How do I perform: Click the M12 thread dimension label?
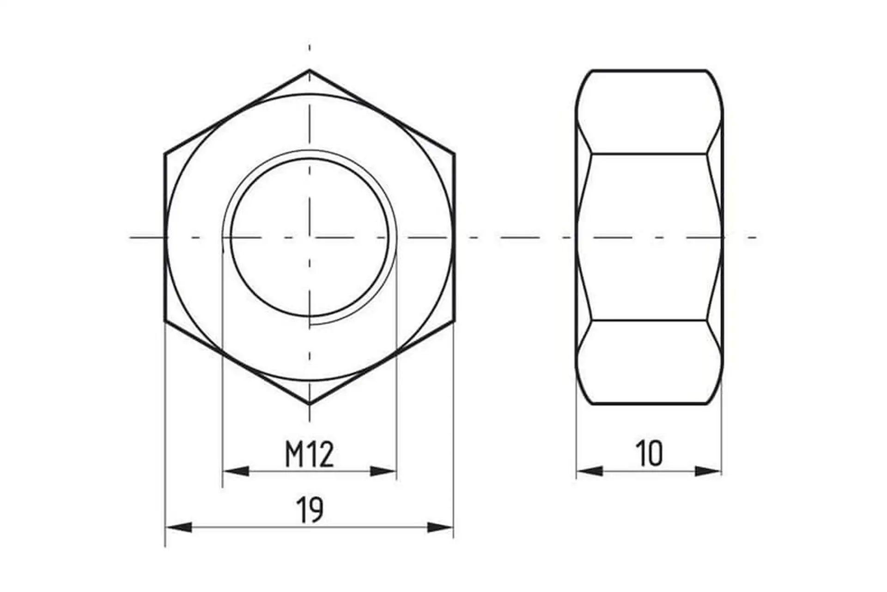[x=309, y=454]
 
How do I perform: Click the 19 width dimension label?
[x=310, y=510]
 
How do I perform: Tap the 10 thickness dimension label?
[x=649, y=454]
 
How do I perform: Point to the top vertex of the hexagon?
[x=310, y=70]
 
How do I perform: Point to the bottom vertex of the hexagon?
[x=310, y=405]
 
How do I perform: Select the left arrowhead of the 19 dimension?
[x=179, y=527]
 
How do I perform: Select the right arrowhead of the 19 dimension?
[x=440, y=527]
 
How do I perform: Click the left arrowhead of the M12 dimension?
[x=236, y=471]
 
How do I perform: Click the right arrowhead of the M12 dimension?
[x=383, y=471]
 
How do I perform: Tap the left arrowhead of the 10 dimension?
[x=590, y=471]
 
